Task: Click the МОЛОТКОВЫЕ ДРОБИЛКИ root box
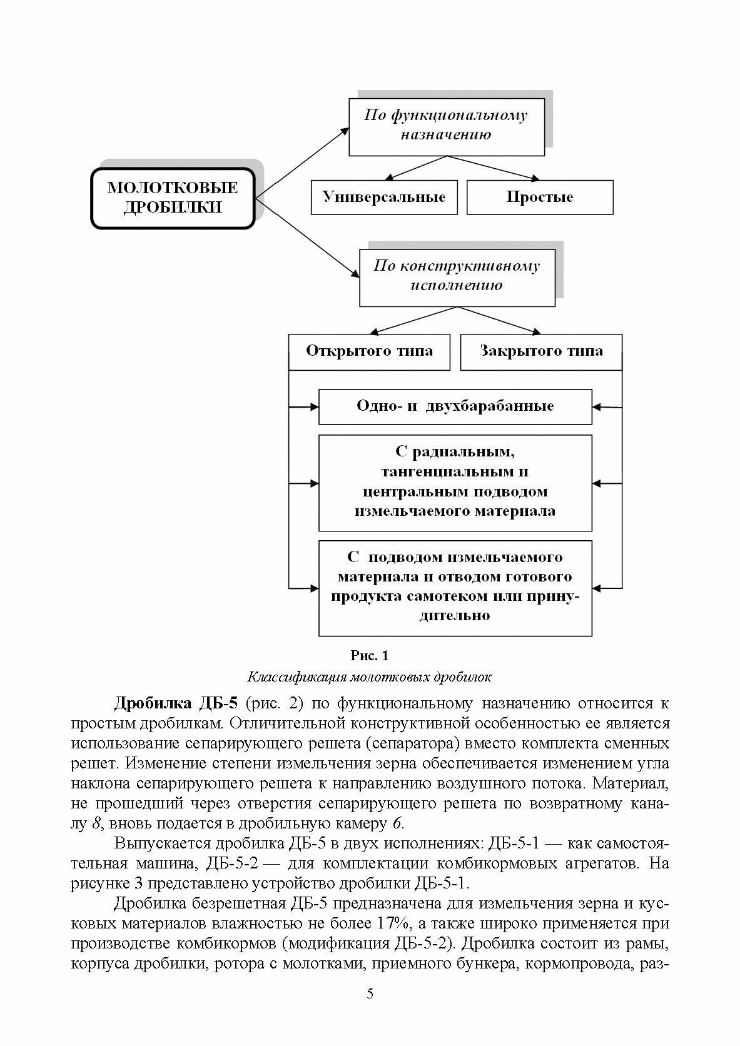(x=173, y=198)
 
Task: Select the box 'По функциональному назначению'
(x=446, y=125)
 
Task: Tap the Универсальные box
(x=384, y=197)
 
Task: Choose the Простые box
(x=539, y=197)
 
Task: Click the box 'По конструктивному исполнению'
(x=457, y=276)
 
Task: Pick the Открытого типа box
(x=369, y=351)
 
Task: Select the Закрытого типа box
(x=541, y=351)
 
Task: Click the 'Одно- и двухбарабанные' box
(x=455, y=406)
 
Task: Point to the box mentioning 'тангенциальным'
(x=455, y=481)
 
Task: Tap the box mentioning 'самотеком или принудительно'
(x=455, y=586)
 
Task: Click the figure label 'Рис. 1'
(x=370, y=655)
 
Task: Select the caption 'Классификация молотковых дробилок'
(x=370, y=676)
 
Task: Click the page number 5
(x=370, y=1012)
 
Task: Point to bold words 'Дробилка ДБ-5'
(x=176, y=703)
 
